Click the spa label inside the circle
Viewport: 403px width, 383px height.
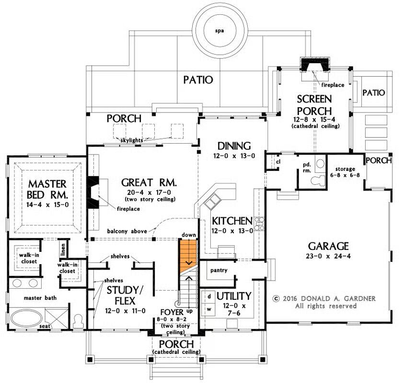coord(219,31)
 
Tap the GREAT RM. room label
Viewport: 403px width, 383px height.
coord(149,182)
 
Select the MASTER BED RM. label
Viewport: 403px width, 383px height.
coord(47,190)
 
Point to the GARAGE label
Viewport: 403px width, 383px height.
coord(328,246)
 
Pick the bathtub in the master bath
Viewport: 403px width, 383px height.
coord(26,318)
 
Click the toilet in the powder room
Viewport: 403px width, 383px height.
coord(318,180)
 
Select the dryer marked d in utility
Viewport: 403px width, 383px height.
coord(209,296)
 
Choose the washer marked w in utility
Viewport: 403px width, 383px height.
coord(209,309)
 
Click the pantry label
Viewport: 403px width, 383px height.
coord(219,270)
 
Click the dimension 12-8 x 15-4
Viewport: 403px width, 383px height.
coord(314,120)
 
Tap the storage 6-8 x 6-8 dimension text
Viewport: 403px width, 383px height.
coord(345,175)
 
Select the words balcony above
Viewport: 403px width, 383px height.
coord(127,231)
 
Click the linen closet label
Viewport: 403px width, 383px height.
coord(63,249)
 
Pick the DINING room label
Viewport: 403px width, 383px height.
coord(234,146)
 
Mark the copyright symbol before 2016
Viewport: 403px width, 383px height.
coord(276,299)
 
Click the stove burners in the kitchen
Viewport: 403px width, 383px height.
coord(259,224)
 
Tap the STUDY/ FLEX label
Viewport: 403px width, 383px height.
coord(125,295)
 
